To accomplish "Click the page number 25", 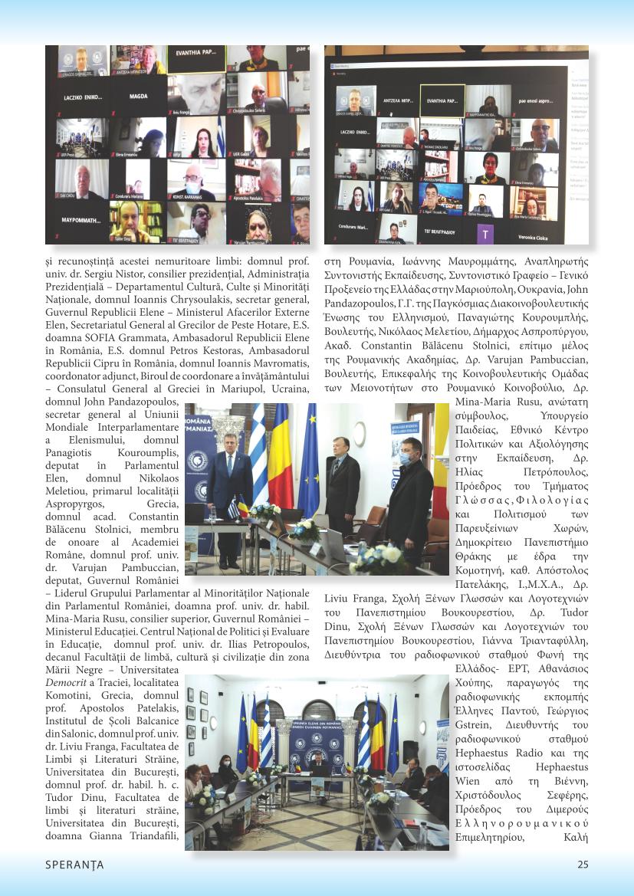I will [583, 865].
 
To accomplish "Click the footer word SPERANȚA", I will [74, 865].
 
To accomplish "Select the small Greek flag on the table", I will [233, 508].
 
